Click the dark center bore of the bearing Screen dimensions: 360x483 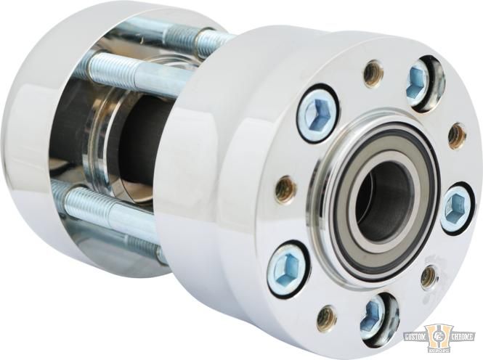coord(381,193)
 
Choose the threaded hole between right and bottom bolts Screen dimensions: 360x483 coord(429,276)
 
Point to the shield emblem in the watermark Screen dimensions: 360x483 coord(439,337)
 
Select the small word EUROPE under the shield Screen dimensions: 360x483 coord(439,351)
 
